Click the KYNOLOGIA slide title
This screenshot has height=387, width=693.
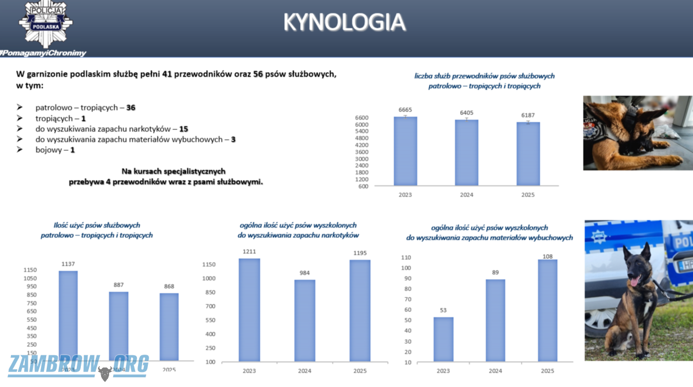coord(344,21)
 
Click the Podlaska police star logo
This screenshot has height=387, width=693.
coord(46,25)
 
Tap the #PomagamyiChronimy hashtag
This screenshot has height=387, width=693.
coord(43,53)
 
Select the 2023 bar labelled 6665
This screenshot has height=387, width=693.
coord(405,151)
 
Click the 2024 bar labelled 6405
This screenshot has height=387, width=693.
coord(467,152)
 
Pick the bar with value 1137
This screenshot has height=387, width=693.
coord(68,315)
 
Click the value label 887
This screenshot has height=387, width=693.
coord(119,285)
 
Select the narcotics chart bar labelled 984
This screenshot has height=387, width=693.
coord(305,321)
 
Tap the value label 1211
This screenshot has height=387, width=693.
coord(249,252)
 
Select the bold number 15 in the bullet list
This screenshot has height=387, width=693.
coord(184,129)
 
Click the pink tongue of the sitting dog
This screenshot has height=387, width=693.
coord(635,282)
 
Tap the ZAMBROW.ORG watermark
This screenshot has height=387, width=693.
coord(79,366)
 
